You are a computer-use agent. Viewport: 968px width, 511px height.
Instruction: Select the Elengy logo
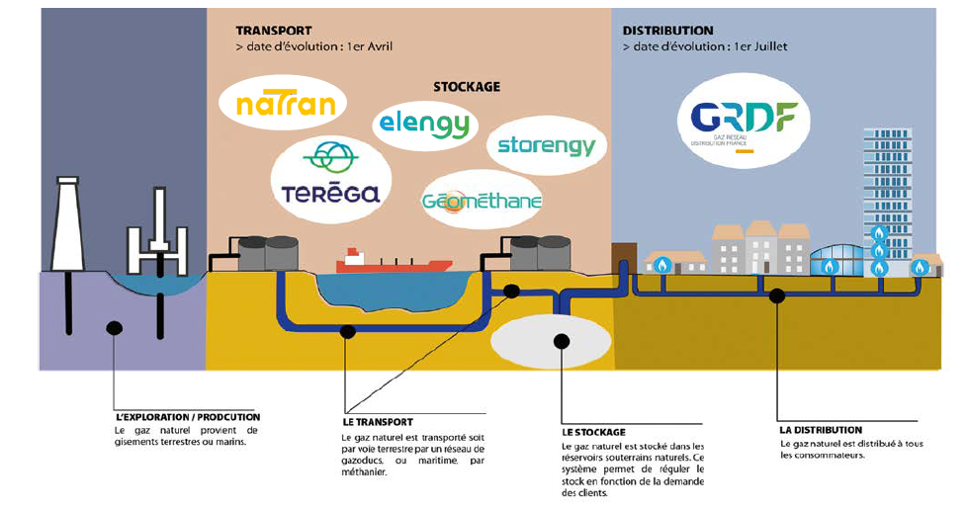click(425, 125)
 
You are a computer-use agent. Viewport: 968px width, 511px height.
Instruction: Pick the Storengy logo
click(546, 146)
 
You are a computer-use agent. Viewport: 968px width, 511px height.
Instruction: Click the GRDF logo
click(749, 123)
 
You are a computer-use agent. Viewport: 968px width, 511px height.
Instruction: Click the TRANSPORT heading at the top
click(274, 31)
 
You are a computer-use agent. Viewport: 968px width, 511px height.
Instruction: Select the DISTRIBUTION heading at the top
click(668, 31)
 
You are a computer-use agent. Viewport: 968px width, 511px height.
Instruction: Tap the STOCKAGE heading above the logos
click(467, 87)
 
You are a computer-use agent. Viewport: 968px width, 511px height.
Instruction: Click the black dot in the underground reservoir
click(563, 342)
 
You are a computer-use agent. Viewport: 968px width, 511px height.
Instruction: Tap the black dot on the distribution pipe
click(778, 294)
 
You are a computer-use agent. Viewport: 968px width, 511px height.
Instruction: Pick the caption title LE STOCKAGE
click(593, 432)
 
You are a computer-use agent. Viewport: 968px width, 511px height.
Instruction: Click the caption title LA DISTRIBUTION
click(821, 430)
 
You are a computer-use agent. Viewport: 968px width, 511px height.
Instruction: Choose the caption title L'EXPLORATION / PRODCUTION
click(188, 417)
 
